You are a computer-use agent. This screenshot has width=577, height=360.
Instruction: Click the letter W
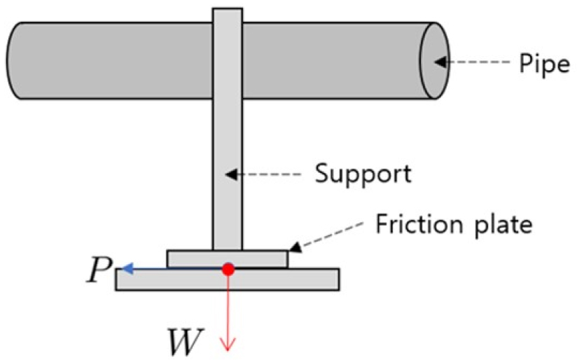(x=184, y=341)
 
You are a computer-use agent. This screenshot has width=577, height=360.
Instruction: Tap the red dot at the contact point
(x=228, y=268)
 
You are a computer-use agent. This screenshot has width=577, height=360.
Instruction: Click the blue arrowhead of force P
(x=125, y=268)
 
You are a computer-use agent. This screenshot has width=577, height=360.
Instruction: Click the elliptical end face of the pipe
(x=432, y=61)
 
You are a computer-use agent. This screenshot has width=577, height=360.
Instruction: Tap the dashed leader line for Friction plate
(x=332, y=233)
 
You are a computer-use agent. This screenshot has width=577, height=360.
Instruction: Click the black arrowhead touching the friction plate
(x=295, y=246)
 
